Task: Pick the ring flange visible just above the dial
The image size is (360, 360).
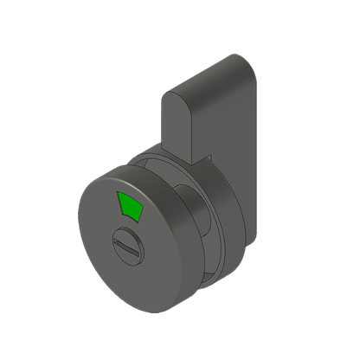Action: tap(147, 164)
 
